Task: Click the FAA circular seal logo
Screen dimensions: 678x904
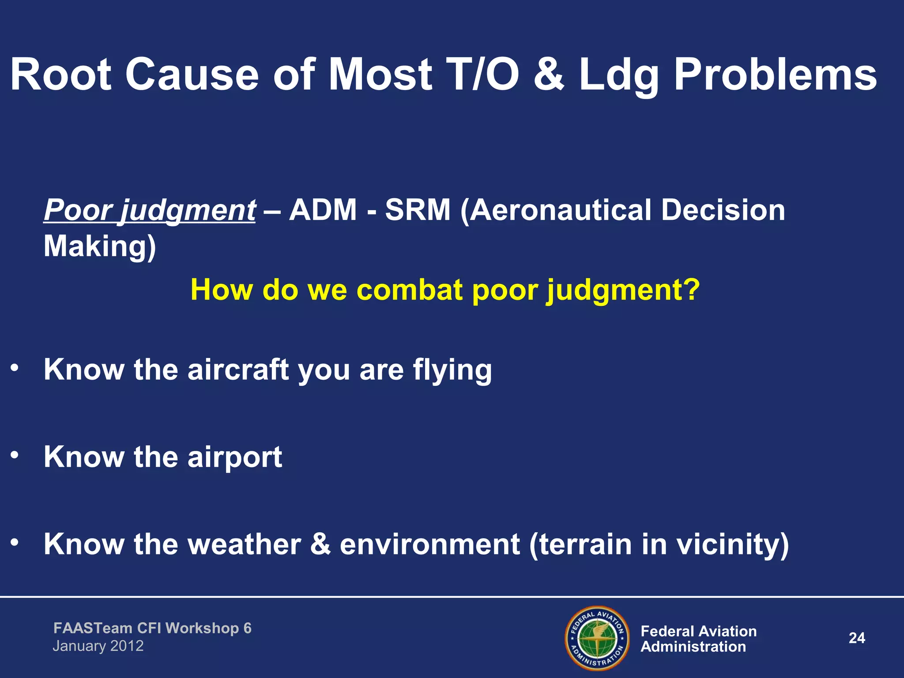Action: point(597,638)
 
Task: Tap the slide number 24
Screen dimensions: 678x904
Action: point(857,638)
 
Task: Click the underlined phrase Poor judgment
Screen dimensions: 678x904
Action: point(150,210)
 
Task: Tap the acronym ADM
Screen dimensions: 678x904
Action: point(323,210)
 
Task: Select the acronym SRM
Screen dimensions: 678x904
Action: point(418,210)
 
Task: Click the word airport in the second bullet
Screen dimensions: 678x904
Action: point(235,457)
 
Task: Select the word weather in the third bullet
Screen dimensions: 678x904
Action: point(245,544)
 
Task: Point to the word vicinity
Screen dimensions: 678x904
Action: point(733,544)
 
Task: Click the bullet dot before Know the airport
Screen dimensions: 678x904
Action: point(15,455)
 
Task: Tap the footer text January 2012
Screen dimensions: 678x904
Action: point(98,646)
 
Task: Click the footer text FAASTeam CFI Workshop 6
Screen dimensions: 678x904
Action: point(152,628)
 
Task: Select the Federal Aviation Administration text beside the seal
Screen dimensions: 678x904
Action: point(698,639)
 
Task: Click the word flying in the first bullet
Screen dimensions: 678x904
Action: point(452,370)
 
